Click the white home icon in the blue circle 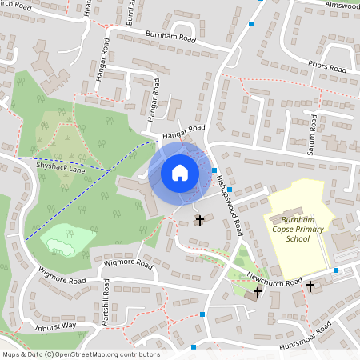pos(180,172)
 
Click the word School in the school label pos(298,238)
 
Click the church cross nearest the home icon pos(199,218)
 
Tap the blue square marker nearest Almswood pos(251,24)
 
